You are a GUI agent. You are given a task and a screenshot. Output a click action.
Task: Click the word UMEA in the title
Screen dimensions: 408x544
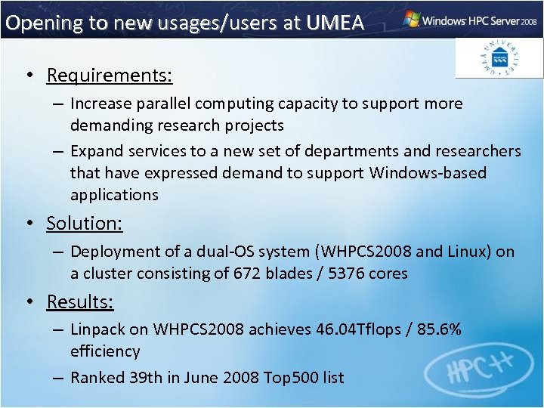[335, 23]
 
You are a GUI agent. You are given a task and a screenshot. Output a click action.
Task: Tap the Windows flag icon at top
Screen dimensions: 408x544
[412, 19]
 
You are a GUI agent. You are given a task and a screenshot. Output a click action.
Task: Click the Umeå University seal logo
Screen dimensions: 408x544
[499, 57]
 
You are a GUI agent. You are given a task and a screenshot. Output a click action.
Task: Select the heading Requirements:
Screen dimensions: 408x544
[110, 76]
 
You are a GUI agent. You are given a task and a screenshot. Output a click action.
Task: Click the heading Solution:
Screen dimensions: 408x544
[84, 224]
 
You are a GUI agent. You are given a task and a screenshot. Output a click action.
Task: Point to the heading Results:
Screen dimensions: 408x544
[80, 302]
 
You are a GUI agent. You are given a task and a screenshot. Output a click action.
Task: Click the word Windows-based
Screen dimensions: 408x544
[428, 173]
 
